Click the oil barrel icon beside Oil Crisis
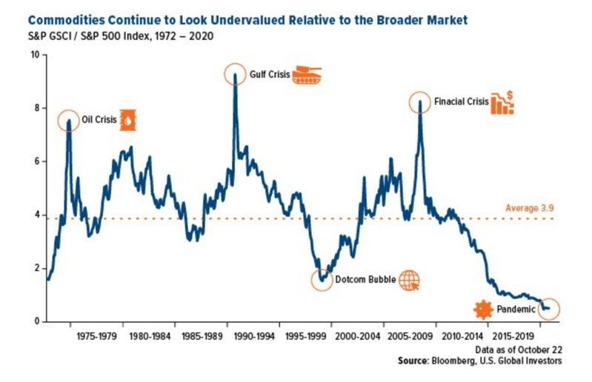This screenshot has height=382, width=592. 128,120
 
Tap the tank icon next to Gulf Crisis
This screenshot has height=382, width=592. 305,75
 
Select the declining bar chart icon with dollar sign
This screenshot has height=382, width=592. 502,103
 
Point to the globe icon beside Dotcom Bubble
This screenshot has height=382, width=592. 409,281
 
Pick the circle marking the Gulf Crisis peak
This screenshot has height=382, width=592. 235,75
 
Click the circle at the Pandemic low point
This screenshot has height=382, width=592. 548,309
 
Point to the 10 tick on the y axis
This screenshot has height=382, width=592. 34,55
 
